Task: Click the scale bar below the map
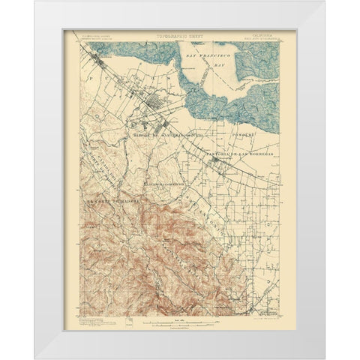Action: coord(180,302)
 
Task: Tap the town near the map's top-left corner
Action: coord(98,64)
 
